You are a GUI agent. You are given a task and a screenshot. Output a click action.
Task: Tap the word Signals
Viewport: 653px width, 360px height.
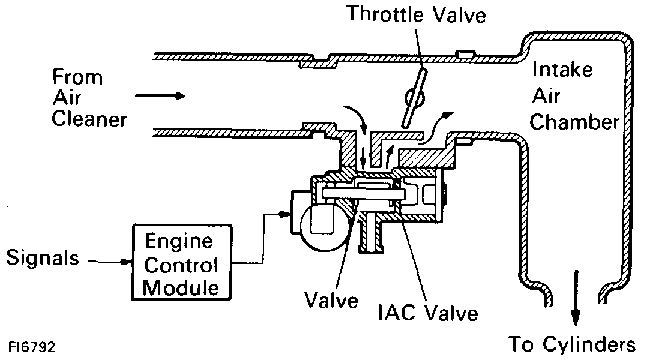click(x=43, y=259)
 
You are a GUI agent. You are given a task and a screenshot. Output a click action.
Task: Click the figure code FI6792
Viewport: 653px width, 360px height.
click(x=34, y=347)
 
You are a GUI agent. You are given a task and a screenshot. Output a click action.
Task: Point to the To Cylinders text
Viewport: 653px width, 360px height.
click(x=572, y=344)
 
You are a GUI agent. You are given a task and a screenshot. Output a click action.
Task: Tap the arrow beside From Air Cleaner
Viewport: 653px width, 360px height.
click(x=160, y=96)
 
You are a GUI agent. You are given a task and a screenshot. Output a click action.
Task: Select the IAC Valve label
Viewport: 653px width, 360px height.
click(x=428, y=313)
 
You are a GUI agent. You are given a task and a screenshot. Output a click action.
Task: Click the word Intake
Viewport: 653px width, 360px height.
click(x=562, y=71)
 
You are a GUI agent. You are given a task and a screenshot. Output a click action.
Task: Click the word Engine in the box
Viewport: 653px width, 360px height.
click(x=179, y=242)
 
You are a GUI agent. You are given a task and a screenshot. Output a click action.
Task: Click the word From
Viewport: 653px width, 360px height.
click(x=77, y=77)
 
